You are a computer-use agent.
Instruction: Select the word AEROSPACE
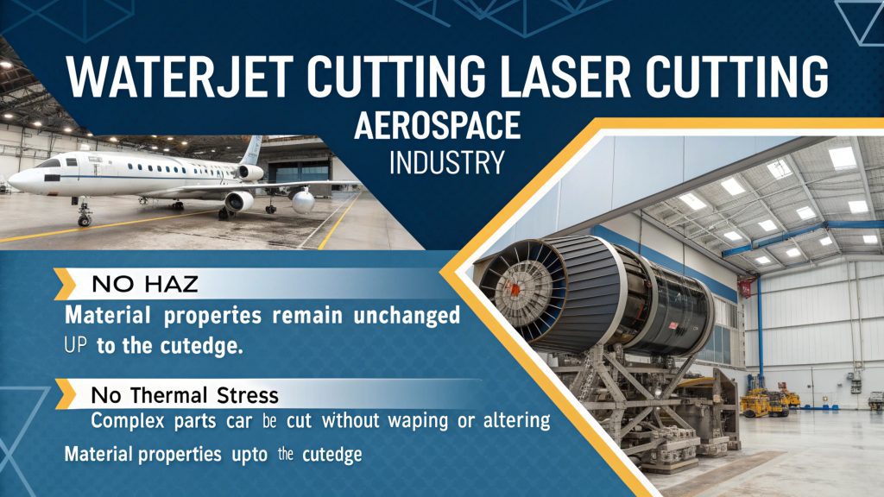[x=438, y=127]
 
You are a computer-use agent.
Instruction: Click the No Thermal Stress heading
[x=185, y=396]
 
